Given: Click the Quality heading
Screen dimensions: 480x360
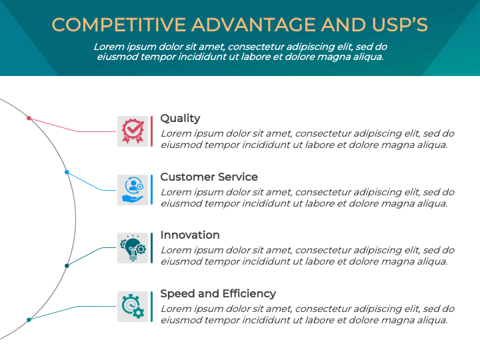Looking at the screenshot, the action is (180, 119).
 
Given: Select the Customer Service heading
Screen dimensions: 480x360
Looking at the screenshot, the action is (209, 177).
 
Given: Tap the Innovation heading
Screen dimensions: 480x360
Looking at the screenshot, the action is (190, 235).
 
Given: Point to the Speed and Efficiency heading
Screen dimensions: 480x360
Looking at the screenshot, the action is (218, 293).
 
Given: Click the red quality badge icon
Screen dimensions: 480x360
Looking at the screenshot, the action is (133, 131).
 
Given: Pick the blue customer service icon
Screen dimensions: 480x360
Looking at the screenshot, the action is (133, 190).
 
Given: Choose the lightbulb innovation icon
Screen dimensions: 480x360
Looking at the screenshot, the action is (133, 248).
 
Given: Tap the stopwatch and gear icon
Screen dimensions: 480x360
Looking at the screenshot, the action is (133, 307).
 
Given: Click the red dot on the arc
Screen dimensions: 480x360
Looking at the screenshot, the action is (29, 118).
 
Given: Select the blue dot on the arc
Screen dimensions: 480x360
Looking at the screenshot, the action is (67, 173).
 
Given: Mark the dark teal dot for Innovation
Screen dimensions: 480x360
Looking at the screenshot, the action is (67, 266).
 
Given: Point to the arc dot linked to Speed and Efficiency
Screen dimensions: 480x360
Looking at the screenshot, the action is (29, 320).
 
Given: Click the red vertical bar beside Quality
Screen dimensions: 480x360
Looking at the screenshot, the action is (151, 131).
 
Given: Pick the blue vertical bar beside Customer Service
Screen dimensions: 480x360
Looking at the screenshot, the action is (151, 190).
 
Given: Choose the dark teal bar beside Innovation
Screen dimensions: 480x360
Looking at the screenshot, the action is (151, 248).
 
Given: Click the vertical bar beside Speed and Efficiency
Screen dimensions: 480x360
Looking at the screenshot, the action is (151, 307).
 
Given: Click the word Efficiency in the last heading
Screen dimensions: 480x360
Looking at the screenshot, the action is (249, 293).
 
